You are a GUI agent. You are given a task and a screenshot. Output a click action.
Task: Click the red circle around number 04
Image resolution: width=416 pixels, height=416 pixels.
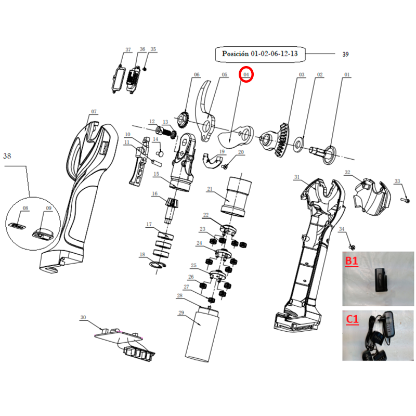click(246, 68)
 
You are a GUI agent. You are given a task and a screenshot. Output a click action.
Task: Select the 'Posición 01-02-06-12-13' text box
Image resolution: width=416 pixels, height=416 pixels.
click(259, 55)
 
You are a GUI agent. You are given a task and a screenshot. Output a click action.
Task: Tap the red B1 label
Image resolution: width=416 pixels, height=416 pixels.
click(352, 261)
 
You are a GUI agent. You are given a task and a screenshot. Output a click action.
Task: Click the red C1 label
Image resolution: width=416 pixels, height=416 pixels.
click(353, 319)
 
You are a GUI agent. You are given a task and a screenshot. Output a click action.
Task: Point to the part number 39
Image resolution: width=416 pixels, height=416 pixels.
click(345, 55)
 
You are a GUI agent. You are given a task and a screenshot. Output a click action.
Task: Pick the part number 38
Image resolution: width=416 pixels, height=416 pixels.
click(7, 156)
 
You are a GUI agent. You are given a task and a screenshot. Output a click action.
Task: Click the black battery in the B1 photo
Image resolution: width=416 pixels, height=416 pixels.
click(381, 280)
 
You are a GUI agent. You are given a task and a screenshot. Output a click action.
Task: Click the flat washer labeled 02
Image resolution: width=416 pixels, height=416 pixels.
click(299, 145)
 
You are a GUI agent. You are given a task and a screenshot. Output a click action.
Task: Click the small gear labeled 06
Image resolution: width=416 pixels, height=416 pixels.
click(184, 120)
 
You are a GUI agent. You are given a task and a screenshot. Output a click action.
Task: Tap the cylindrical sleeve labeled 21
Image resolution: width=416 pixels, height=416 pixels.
click(236, 197)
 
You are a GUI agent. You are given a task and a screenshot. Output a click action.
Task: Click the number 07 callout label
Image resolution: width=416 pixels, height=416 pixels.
click(94, 112)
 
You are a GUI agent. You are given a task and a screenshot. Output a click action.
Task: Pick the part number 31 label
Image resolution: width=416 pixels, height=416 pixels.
click(296, 177)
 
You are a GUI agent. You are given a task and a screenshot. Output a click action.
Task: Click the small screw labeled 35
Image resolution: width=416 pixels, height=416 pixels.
click(145, 69)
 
